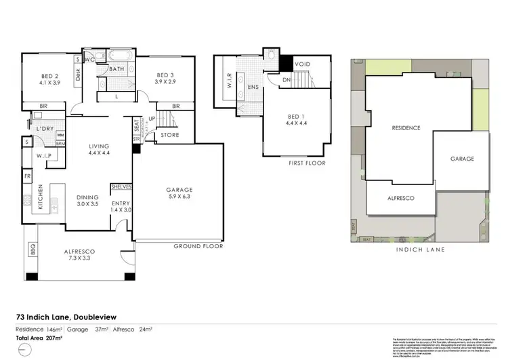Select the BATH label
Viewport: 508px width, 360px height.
[x=116, y=69]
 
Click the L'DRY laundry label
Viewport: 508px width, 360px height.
[x=45, y=129]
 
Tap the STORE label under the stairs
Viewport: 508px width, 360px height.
[x=169, y=136]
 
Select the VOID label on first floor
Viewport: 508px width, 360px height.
[x=302, y=64]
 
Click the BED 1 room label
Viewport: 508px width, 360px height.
[x=293, y=120]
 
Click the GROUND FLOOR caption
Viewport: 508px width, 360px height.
[x=198, y=246]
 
